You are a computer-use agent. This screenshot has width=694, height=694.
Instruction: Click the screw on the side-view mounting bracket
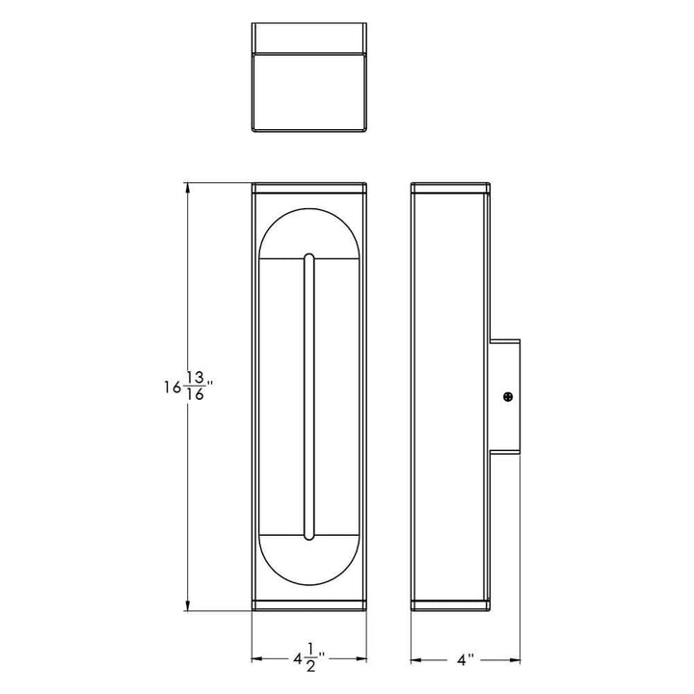tap(507, 395)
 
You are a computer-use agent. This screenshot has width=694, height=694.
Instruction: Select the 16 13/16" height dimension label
tap(187, 388)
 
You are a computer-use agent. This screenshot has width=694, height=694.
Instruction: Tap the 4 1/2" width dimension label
tap(308, 660)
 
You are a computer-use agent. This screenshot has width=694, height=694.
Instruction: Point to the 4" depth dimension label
tap(467, 660)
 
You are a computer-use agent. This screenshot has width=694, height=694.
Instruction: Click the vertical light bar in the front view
tap(308, 396)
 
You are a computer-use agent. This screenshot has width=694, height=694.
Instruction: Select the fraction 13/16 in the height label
tap(197, 388)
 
